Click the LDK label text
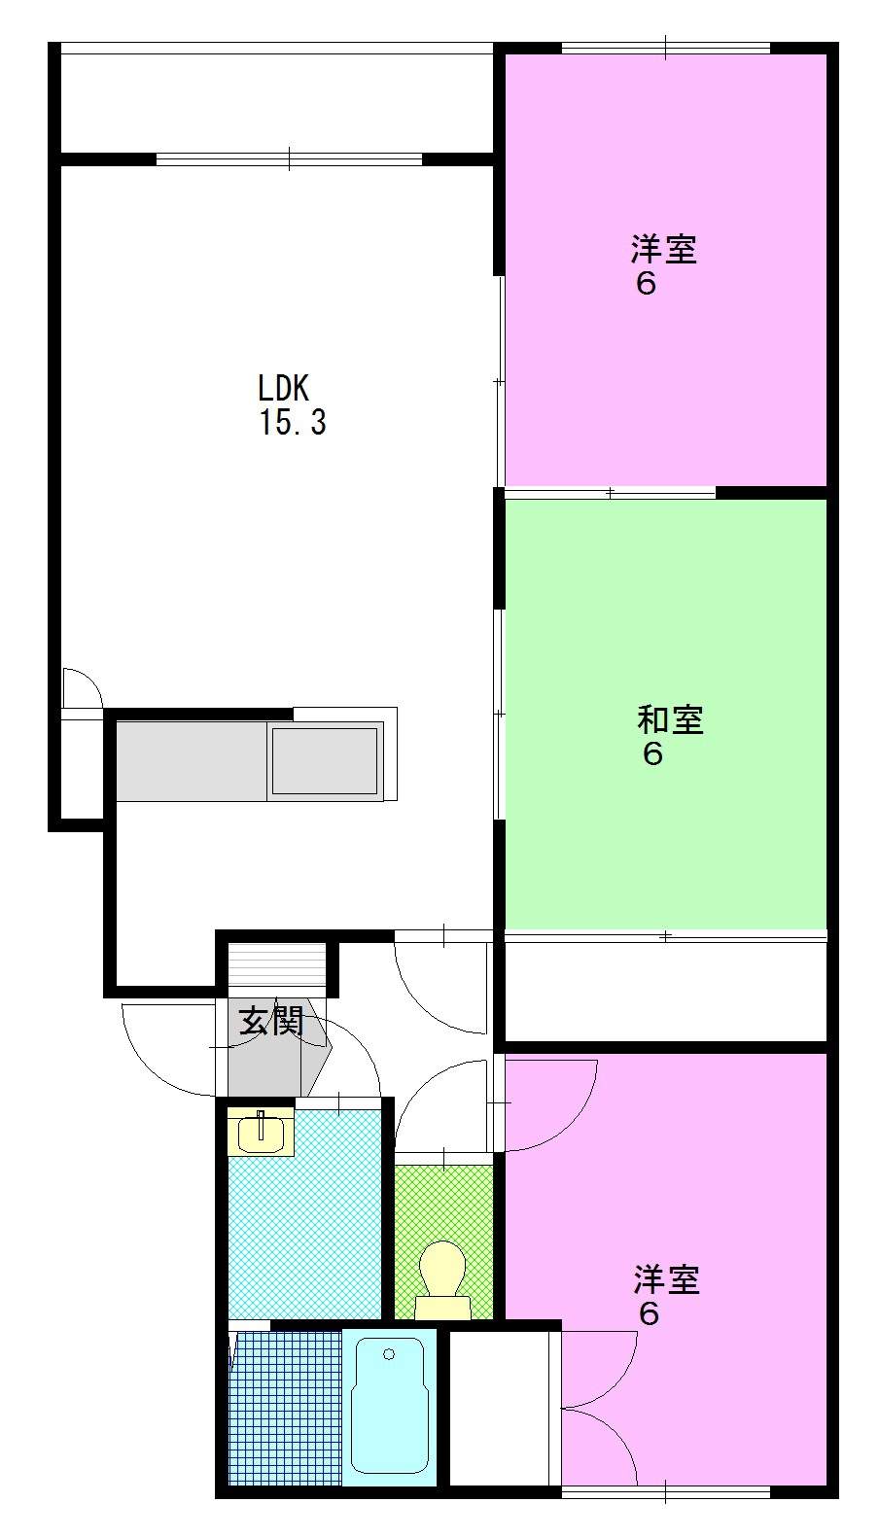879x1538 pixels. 283,389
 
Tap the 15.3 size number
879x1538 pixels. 292,423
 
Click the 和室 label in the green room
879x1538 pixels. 670,720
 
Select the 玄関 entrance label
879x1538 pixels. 271,1021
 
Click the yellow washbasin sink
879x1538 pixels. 261,1131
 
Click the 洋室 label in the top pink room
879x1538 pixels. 664,250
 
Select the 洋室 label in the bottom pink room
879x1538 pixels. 667,1279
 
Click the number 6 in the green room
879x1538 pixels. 652,754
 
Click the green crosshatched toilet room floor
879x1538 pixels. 443,1206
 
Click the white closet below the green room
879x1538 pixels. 665,991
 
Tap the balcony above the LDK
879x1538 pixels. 277,102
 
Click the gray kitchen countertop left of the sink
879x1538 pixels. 191,761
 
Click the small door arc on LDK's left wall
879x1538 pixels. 82,689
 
